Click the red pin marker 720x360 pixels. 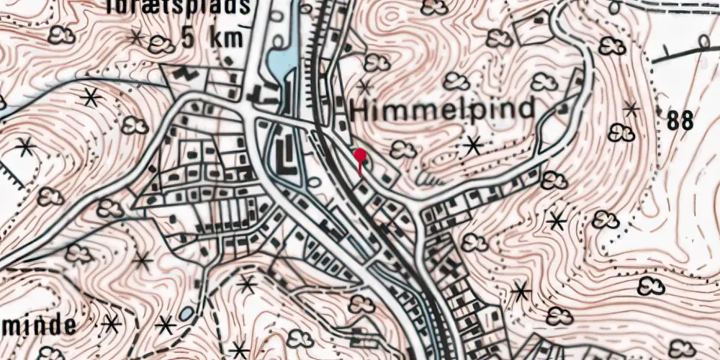359,155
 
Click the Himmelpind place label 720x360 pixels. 444,109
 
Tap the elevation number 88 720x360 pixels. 680,121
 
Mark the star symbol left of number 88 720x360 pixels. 631,109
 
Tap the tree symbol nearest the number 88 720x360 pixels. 621,132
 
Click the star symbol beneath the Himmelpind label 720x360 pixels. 473,145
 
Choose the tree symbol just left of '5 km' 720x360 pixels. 161,45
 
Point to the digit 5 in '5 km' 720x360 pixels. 189,37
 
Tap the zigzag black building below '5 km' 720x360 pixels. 186,73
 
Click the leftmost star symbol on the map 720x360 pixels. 25,147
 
